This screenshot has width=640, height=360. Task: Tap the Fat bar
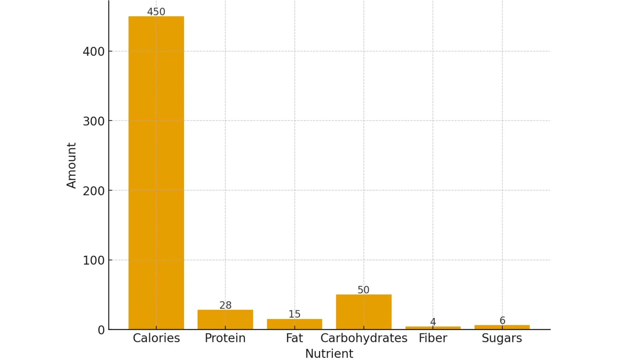pyautogui.click(x=294, y=324)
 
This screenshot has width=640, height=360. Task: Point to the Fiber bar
pyautogui.click(x=433, y=328)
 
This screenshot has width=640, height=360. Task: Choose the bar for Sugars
pyautogui.click(x=502, y=327)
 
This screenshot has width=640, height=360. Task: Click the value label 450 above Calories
pyautogui.click(x=156, y=12)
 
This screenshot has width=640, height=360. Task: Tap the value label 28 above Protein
pyautogui.click(x=225, y=305)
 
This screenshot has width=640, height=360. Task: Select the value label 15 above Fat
pyautogui.click(x=294, y=314)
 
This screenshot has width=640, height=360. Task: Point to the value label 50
pyautogui.click(x=363, y=290)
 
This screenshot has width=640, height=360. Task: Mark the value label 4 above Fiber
pyautogui.click(x=433, y=322)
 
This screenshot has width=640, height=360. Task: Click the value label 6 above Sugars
pyautogui.click(x=502, y=320)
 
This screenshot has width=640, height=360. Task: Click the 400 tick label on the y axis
pyautogui.click(x=94, y=52)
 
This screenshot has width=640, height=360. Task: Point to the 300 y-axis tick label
pyautogui.click(x=94, y=121)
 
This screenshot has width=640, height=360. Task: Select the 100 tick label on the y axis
pyautogui.click(x=94, y=260)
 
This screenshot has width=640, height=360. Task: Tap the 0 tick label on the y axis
pyautogui.click(x=101, y=330)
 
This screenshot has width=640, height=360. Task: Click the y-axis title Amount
pyautogui.click(x=71, y=166)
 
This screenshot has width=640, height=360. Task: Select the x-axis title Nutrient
pyautogui.click(x=329, y=353)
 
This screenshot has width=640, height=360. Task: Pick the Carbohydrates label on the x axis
pyautogui.click(x=364, y=338)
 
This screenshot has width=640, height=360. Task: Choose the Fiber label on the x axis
pyautogui.click(x=433, y=338)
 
